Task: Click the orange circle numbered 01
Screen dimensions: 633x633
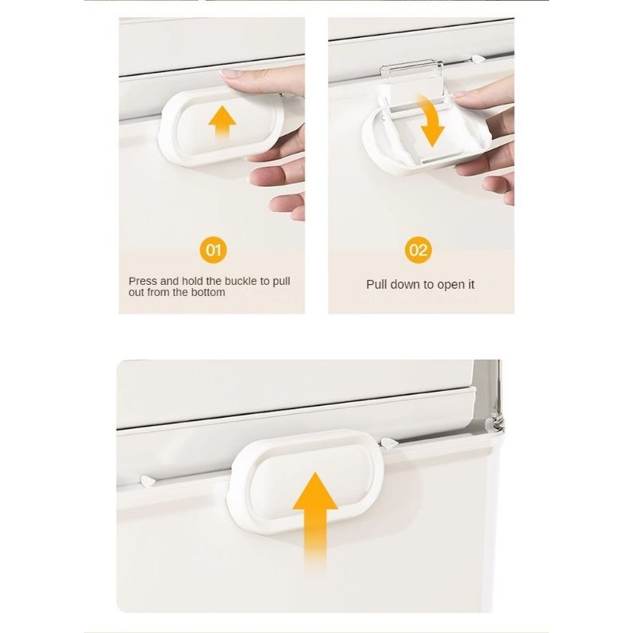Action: [x=213, y=250]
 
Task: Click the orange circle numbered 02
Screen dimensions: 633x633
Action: [x=419, y=250]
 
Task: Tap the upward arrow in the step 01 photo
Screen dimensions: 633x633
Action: [x=222, y=123]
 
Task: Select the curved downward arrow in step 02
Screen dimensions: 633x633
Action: [x=431, y=120]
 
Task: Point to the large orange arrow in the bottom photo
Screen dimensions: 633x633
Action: [x=315, y=521]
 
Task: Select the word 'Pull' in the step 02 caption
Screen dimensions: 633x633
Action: [x=375, y=285]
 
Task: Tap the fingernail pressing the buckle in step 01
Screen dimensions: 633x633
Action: [x=231, y=74]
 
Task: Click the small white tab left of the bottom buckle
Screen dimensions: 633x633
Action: [x=148, y=481]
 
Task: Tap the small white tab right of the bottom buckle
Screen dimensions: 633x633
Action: [x=389, y=443]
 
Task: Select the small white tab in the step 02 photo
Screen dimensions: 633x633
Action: [x=479, y=59]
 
